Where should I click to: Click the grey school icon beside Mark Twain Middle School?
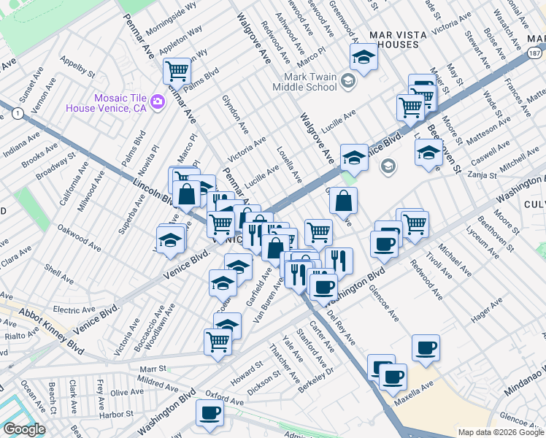pyautogui.click(x=347, y=80)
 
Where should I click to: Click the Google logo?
pyautogui.click(x=24, y=429)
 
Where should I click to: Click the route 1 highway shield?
pyautogui.click(x=17, y=112)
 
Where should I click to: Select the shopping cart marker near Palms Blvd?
pyautogui.click(x=177, y=72)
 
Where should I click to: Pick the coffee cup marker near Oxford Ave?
pyautogui.click(x=209, y=412)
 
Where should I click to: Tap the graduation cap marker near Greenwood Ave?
pyautogui.click(x=363, y=57)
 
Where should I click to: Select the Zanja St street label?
pyautogui.click(x=482, y=175)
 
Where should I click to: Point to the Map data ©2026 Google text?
pyautogui.click(x=500, y=432)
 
